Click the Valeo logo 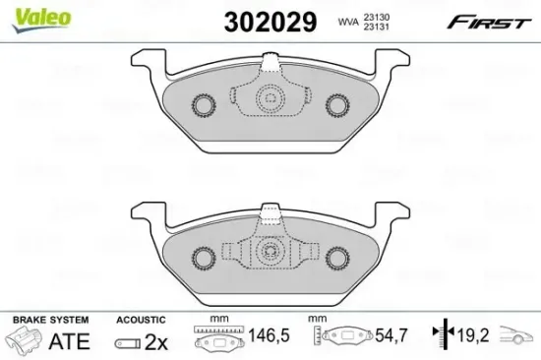click(x=41, y=20)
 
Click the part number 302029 click(x=270, y=22)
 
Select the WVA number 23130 click(x=376, y=17)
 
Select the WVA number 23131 click(x=376, y=27)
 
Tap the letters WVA click(x=348, y=22)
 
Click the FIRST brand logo click(x=489, y=22)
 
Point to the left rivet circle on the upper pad click(x=204, y=105)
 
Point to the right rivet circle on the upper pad click(x=337, y=105)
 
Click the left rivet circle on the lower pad click(x=204, y=259)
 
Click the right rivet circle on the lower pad click(x=337, y=259)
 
